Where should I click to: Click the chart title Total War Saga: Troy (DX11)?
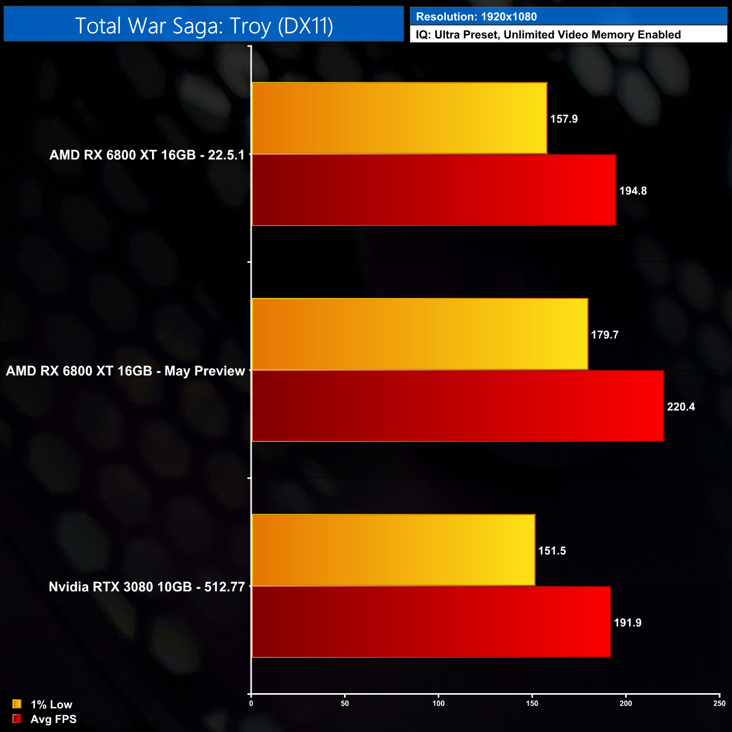(204, 26)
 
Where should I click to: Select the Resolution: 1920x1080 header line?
(476, 17)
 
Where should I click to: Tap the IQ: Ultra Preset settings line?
(548, 35)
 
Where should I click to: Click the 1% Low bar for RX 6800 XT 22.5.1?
(399, 118)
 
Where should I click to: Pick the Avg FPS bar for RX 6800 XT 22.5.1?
(434, 190)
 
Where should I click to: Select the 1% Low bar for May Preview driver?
(419, 334)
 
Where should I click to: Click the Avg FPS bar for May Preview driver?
(457, 406)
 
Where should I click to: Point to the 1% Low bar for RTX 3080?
(393, 550)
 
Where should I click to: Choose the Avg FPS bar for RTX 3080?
(431, 622)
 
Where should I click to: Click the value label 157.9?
(564, 119)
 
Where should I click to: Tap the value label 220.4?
(681, 407)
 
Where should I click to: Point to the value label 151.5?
(552, 551)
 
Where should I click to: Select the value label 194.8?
(633, 191)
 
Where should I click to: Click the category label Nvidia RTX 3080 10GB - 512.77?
(146, 587)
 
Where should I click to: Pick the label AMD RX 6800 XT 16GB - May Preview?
(125, 371)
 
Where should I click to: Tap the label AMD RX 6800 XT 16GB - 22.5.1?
(147, 155)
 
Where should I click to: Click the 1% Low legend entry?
(43, 704)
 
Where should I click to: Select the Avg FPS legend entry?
(44, 719)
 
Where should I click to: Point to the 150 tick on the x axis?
(532, 703)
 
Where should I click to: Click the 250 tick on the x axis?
(719, 703)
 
